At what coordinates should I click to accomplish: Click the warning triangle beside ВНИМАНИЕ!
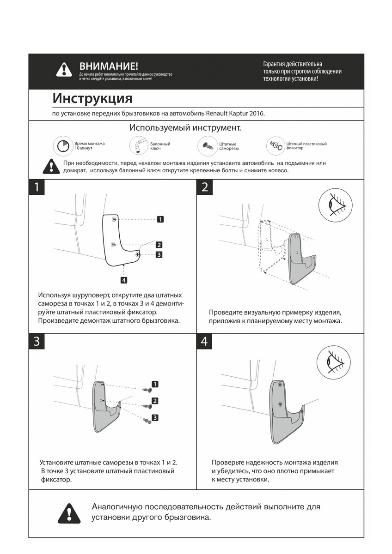(64, 70)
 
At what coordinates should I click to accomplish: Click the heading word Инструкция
(92, 98)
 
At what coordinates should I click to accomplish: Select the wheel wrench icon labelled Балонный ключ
(138, 146)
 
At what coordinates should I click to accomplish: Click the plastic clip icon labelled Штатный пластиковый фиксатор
(276, 146)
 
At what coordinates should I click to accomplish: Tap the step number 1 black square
(37, 187)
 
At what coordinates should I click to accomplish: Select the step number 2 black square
(205, 187)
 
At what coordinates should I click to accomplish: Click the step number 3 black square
(37, 341)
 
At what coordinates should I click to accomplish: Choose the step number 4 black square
(205, 341)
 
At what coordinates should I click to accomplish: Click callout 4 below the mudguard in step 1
(124, 280)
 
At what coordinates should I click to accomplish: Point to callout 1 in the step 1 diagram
(160, 219)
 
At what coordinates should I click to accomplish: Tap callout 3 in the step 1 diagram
(158, 254)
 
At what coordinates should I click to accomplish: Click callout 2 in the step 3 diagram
(155, 401)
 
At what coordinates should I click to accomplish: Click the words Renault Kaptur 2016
(235, 113)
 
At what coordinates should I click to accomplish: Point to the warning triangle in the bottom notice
(69, 513)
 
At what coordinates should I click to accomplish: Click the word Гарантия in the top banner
(276, 64)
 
